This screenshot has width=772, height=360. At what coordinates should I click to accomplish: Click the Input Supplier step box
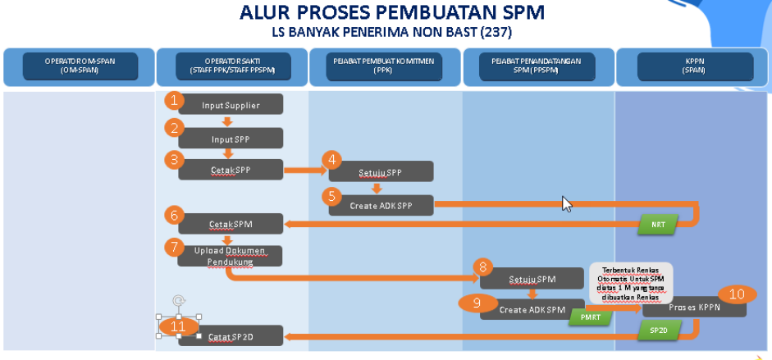tap(231, 104)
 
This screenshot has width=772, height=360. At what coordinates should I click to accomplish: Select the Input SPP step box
tap(231, 139)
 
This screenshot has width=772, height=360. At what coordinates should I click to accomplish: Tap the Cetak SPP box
tap(231, 170)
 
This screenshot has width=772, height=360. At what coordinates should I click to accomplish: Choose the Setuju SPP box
tap(381, 172)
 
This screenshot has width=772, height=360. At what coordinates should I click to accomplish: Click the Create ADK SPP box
tap(381, 205)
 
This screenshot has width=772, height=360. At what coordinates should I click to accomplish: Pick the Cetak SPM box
tap(231, 223)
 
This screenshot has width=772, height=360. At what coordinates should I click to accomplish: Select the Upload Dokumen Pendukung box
tap(231, 256)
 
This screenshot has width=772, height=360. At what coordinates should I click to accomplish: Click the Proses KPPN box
tap(694, 307)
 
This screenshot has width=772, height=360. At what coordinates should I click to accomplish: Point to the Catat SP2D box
tap(231, 336)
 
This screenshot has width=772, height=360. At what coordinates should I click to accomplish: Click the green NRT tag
tap(659, 223)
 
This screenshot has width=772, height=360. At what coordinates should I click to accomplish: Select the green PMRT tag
tap(590, 317)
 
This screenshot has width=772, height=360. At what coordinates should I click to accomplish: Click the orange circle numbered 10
tap(737, 294)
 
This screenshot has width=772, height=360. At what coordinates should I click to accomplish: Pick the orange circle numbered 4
tap(331, 159)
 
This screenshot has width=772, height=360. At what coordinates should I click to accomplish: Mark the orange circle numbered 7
tap(173, 246)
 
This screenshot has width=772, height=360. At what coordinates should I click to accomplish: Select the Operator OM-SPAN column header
tap(80, 66)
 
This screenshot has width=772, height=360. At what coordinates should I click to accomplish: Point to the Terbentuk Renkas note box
tap(631, 282)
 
